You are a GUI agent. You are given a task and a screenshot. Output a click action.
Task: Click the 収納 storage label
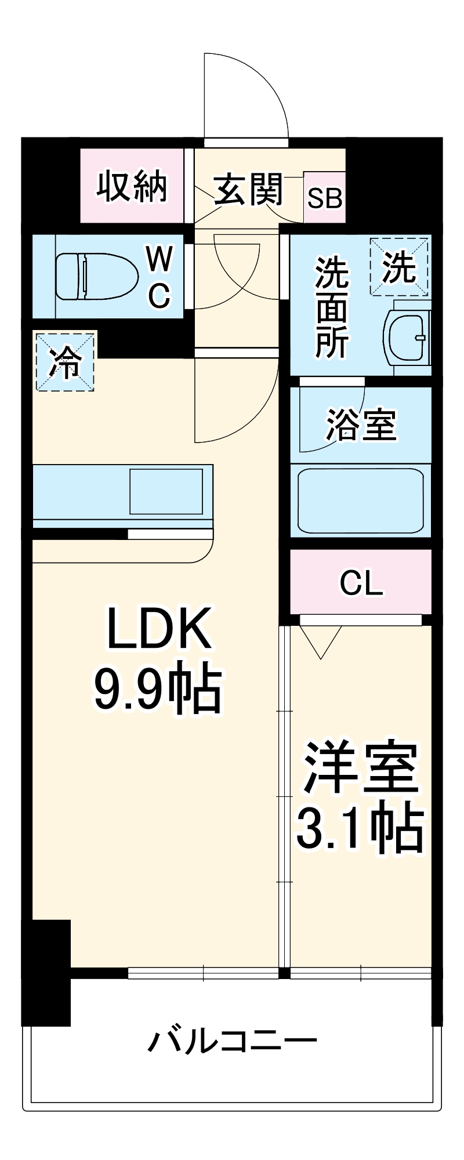tap(132, 187)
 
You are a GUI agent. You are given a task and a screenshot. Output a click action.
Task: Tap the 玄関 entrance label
tap(248, 189)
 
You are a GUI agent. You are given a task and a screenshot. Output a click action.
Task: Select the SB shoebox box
tap(325, 198)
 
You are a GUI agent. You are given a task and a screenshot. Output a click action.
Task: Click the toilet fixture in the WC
tap(96, 276)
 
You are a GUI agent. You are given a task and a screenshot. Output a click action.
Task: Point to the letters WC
tap(159, 277)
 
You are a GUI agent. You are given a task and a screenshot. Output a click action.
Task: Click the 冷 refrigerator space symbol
tap(65, 361)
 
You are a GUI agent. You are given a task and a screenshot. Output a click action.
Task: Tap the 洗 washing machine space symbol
tap(399, 267)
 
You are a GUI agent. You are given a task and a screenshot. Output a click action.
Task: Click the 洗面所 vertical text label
tap(332, 307)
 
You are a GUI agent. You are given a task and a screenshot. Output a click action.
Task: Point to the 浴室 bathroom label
tap(361, 425)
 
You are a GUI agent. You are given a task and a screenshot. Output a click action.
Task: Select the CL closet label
tap(361, 583)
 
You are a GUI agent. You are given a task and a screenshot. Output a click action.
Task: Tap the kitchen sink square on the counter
tap(166, 491)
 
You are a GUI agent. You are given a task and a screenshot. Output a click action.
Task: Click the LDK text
tap(159, 629)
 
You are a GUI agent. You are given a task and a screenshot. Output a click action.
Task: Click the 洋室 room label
tap(360, 767)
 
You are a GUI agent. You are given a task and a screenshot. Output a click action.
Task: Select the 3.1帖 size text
tap(360, 828)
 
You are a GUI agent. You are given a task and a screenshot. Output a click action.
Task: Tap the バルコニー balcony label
tap(232, 1041)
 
